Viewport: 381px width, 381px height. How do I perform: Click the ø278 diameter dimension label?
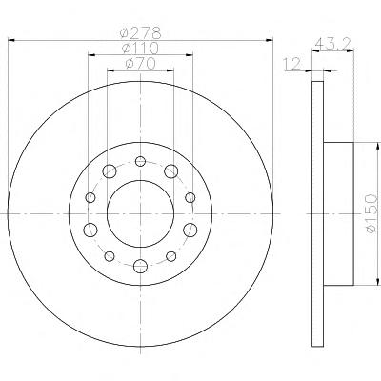click(140, 33)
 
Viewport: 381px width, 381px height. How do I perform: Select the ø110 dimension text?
click(140, 49)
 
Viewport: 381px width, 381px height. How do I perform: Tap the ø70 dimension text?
click(140, 64)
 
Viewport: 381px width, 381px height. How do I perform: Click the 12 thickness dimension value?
click(292, 64)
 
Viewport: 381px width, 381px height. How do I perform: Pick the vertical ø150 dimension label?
click(372, 214)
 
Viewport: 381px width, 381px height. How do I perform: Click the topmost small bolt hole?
click(140, 161)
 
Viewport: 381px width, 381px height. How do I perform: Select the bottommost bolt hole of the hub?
click(140, 266)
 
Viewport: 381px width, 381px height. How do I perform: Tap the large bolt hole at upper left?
click(110, 171)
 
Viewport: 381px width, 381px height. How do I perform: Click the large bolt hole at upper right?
click(170, 171)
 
